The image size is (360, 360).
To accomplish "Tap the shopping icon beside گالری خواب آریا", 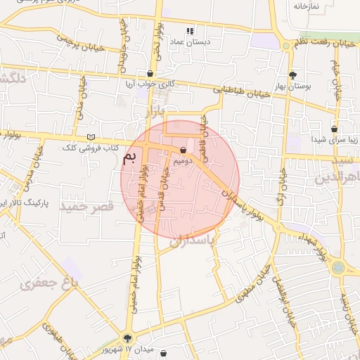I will [150, 74].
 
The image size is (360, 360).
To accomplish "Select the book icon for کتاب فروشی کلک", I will [90, 137].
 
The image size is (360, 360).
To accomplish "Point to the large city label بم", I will [129, 157].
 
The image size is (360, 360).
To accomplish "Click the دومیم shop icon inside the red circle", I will [184, 150].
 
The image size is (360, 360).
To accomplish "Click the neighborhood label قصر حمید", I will [86, 207].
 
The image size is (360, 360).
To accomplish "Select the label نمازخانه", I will [307, 6].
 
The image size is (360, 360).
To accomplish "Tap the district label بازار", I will [155, 111].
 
